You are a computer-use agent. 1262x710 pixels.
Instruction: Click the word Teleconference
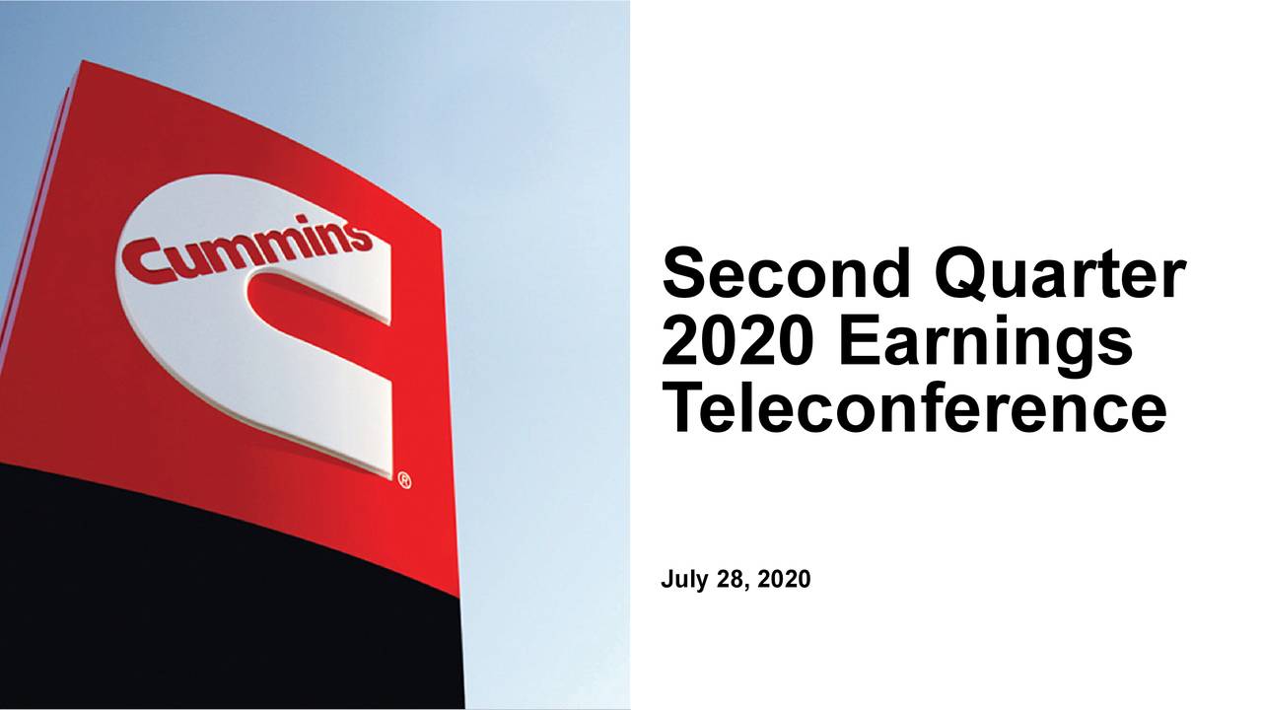[x=914, y=405]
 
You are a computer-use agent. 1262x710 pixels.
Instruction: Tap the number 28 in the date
[x=731, y=579]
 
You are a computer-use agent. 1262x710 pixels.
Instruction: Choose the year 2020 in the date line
[x=784, y=579]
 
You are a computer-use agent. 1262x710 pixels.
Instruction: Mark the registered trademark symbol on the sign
[x=404, y=480]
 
